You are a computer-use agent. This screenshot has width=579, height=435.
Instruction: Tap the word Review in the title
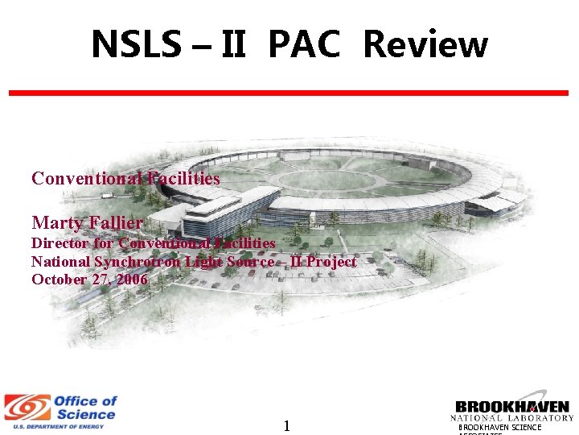click(425, 45)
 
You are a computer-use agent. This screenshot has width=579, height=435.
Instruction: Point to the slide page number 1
click(286, 425)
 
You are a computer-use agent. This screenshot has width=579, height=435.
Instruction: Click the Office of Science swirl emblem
click(26, 407)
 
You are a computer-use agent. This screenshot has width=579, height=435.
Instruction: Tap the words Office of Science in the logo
click(84, 408)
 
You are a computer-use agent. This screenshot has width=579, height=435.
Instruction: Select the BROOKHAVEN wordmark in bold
click(511, 407)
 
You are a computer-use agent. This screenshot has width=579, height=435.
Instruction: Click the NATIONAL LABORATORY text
click(511, 418)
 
